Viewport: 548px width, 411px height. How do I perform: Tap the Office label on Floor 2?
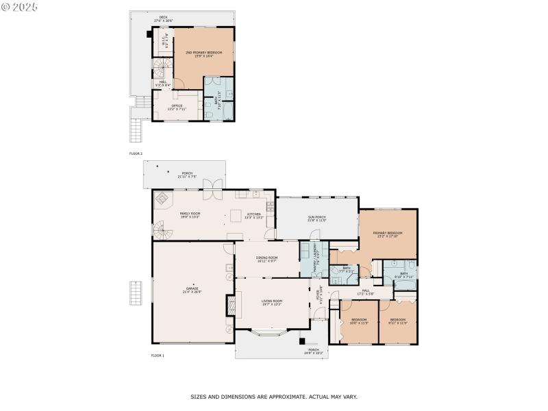coord(177,107)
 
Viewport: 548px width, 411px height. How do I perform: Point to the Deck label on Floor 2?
coord(163,18)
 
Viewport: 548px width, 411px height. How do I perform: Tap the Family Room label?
coord(190,215)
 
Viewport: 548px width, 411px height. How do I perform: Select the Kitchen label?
coord(254,215)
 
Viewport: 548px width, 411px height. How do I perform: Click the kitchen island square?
coord(234,216)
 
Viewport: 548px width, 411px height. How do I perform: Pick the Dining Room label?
coord(266,259)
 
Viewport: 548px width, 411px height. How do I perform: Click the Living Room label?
coord(273,302)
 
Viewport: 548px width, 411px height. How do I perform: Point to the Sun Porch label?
coord(317,219)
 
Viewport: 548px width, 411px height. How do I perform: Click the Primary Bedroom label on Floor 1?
coord(388,234)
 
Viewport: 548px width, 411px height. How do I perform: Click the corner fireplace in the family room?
coord(162,199)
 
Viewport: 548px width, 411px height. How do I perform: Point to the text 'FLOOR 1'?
coord(158,356)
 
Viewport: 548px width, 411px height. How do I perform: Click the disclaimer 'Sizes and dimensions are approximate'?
coord(273,397)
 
